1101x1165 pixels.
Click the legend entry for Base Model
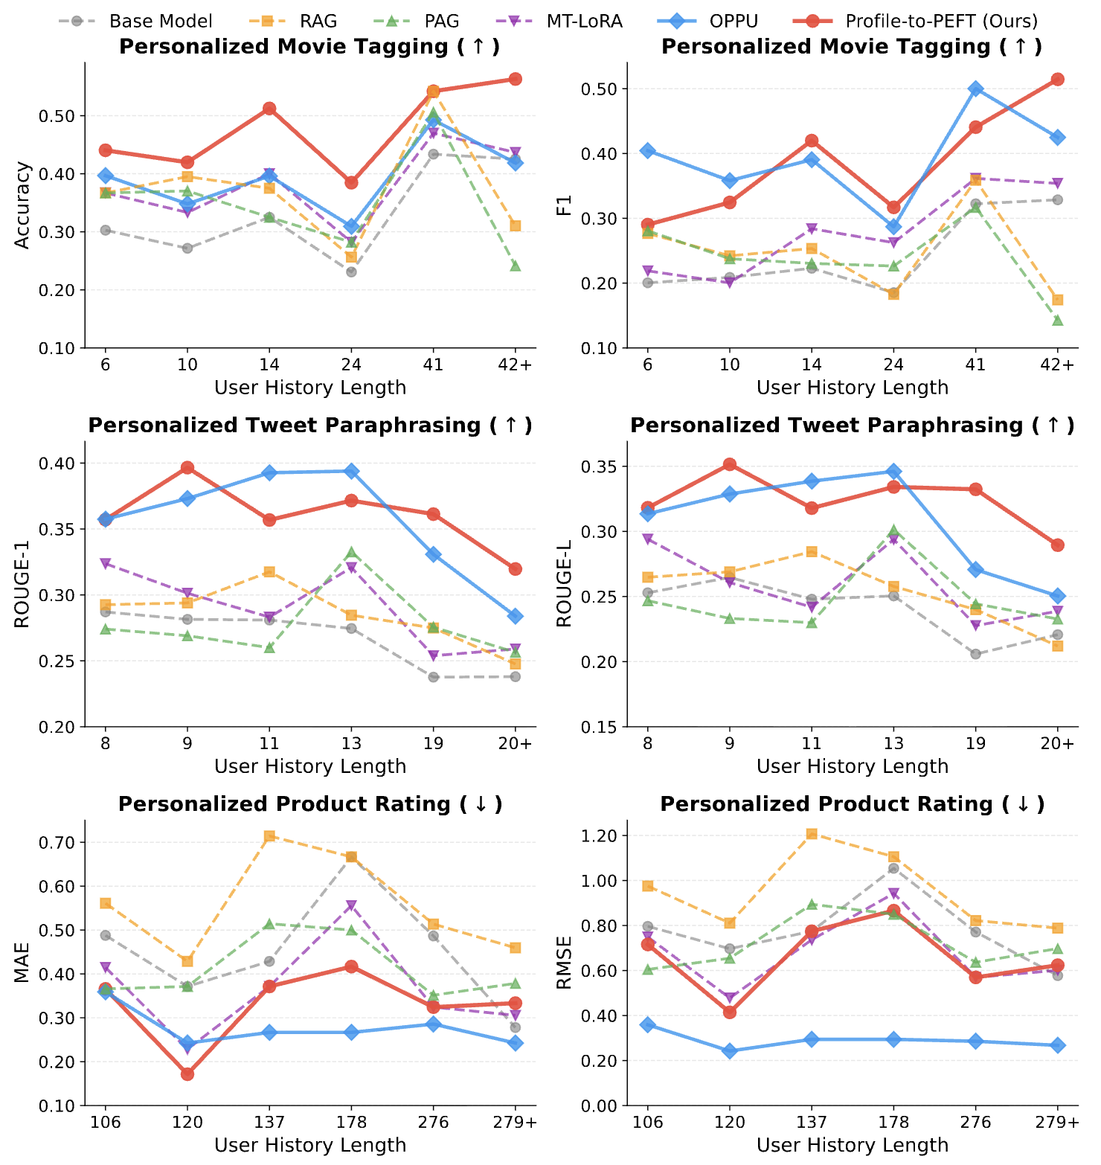(160, 21)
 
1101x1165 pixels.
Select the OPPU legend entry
(733, 21)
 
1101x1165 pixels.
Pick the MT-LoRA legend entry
(584, 21)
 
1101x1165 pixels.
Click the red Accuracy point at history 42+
(515, 79)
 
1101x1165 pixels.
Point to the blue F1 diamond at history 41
(975, 89)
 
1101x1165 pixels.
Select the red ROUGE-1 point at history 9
(187, 468)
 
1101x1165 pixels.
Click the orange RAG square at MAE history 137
(269, 836)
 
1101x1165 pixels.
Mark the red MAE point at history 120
(187, 1073)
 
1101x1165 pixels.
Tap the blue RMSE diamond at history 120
(730, 1051)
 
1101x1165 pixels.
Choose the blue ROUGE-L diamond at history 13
(893, 471)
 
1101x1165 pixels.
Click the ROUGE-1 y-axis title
(23, 584)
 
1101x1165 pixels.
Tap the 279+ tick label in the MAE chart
(515, 1122)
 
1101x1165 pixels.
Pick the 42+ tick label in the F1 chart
(1057, 365)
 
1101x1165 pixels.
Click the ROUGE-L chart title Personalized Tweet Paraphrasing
(852, 426)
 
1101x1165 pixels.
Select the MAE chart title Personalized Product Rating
(310, 804)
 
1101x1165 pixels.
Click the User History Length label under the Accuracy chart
(310, 388)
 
